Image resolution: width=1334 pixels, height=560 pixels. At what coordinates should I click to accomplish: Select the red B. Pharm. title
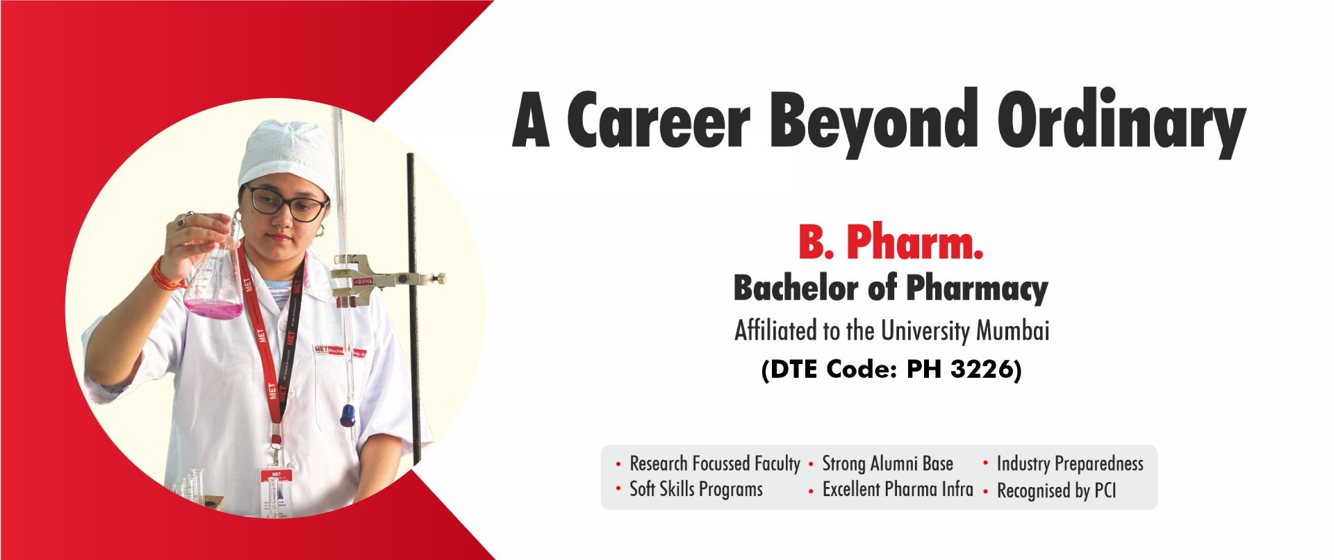click(891, 242)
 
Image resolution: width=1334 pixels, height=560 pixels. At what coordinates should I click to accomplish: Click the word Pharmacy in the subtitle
click(977, 289)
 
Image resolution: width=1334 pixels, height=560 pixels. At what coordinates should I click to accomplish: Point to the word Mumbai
click(1013, 331)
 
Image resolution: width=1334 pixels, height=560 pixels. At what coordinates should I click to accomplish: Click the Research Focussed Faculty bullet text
click(715, 463)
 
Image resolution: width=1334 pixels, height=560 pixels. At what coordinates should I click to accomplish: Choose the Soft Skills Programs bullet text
click(696, 490)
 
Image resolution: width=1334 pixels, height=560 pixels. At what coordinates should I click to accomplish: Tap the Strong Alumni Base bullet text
click(887, 463)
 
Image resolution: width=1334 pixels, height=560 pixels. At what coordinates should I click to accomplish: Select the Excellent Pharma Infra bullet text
click(898, 489)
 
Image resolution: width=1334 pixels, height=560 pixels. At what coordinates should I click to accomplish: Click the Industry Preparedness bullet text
click(1070, 464)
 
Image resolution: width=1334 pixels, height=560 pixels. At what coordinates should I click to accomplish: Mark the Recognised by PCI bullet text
click(1056, 491)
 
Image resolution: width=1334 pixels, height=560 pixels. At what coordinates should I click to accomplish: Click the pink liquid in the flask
click(213, 308)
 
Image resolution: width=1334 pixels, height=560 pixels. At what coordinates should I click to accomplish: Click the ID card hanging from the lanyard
click(277, 493)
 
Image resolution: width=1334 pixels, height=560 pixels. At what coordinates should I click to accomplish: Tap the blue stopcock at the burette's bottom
click(347, 415)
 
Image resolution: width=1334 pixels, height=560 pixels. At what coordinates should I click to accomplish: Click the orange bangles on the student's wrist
click(167, 275)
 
